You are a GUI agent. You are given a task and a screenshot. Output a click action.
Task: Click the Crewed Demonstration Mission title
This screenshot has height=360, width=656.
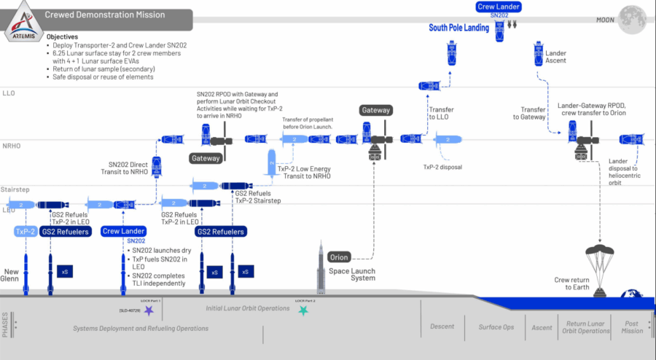click(105, 15)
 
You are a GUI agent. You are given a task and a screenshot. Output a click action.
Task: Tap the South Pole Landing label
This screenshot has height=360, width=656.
click(458, 28)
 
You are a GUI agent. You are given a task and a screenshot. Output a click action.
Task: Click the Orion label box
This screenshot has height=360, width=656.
click(339, 257)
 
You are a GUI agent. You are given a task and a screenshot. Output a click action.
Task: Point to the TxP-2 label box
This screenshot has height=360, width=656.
click(26, 232)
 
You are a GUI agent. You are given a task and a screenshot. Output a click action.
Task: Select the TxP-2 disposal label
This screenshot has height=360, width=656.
click(442, 167)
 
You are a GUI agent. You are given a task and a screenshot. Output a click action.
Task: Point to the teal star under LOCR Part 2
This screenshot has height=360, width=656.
click(303, 310)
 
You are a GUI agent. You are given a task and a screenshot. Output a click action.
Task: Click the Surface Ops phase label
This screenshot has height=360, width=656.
click(496, 327)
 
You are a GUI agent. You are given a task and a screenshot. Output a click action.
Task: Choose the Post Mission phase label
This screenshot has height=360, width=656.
click(633, 326)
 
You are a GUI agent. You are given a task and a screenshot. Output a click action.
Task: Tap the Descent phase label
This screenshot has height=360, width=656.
click(442, 326)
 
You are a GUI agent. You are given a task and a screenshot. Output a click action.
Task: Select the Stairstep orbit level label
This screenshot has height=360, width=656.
click(15, 189)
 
